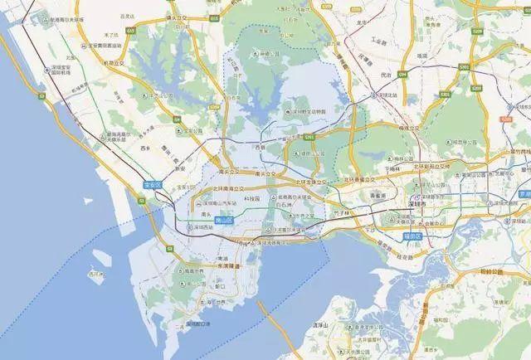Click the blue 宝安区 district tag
(154, 187)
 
